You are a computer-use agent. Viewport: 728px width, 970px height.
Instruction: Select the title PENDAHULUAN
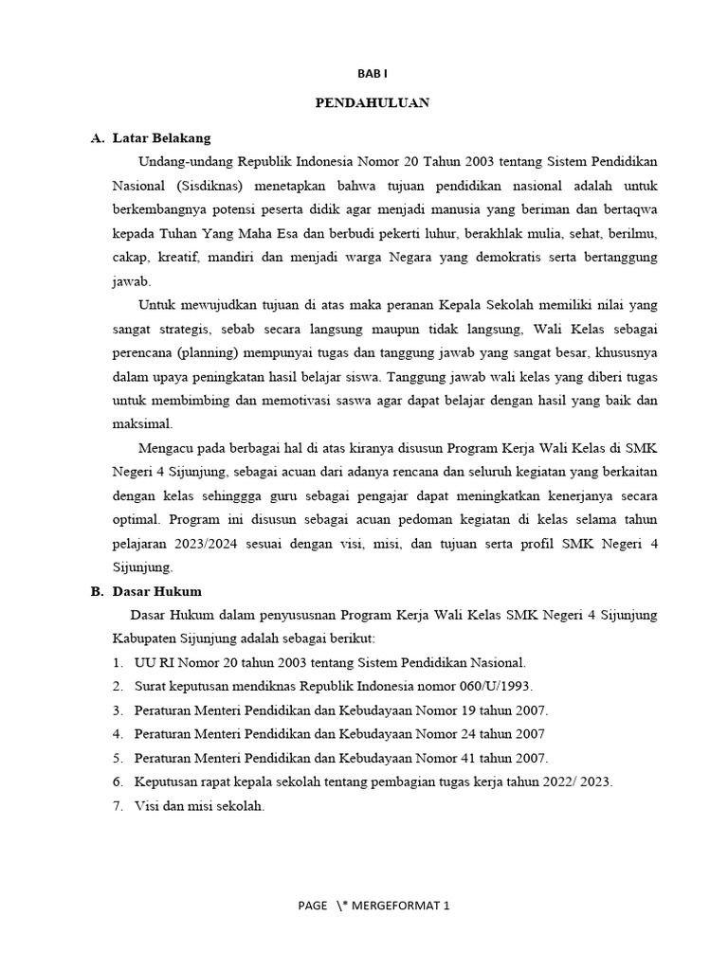coord(372,102)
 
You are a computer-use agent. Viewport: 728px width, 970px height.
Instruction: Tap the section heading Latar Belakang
coord(161,138)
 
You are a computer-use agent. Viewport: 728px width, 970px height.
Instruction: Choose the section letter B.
coord(96,591)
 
